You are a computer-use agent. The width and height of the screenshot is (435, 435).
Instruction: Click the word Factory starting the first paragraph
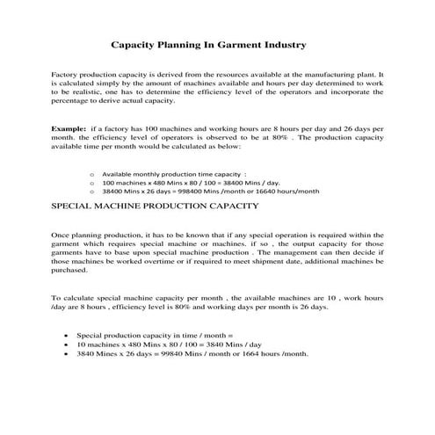pyautogui.click(x=66, y=76)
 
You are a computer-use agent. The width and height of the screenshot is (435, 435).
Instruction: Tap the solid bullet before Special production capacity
pyautogui.click(x=68, y=336)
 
